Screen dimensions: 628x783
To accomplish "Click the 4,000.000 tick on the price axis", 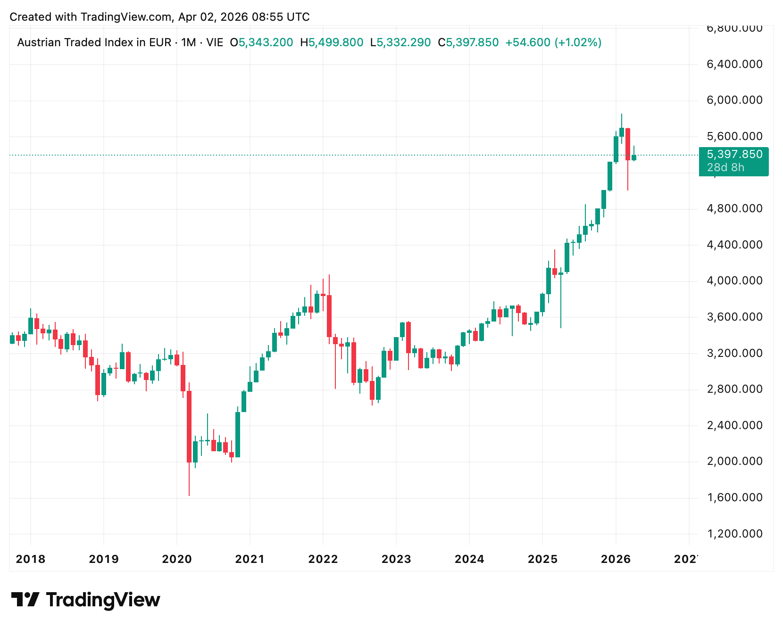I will [734, 281].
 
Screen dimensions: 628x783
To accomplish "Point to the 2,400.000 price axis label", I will [734, 426].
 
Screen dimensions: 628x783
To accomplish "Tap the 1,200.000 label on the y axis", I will [734, 534].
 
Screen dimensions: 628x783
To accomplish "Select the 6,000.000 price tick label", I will [734, 100].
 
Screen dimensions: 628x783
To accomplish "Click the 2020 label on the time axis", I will [177, 560].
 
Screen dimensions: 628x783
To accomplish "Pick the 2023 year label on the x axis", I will [396, 560].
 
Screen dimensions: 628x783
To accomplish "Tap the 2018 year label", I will [31, 560].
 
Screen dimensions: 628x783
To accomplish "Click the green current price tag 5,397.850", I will [734, 155].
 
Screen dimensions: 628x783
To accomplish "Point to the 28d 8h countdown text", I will [725, 168].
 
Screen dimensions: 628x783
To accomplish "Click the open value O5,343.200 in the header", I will [261, 43].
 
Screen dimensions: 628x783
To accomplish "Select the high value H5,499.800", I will [332, 43].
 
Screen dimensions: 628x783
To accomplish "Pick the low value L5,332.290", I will [400, 43].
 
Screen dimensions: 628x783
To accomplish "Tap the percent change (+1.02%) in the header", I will [578, 43].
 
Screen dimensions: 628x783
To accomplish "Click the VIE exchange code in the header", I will [215, 43].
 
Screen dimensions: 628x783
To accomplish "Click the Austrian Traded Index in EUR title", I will [94, 43].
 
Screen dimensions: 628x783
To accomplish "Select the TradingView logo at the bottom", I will [86, 600].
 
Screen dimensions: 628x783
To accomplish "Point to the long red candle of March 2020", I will [189, 427].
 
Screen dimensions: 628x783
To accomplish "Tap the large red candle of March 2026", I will [628, 144].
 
